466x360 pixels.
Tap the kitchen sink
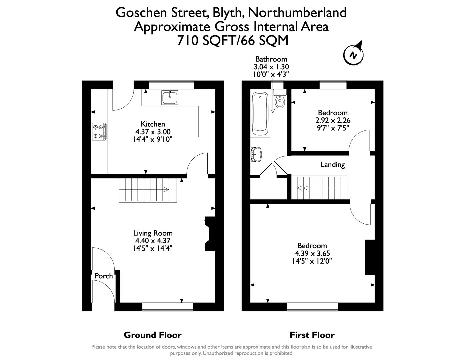click(x=170, y=97)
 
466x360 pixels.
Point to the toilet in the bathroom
click(x=280, y=99)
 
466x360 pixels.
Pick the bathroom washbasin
click(x=256, y=154)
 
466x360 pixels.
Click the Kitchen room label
click(x=153, y=124)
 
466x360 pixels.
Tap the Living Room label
click(x=153, y=233)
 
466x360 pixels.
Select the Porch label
click(x=104, y=276)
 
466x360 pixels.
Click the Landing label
click(x=332, y=164)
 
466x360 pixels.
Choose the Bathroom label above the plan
click(x=271, y=59)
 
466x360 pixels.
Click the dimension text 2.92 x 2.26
click(x=333, y=120)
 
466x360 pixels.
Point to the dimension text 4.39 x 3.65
click(x=312, y=253)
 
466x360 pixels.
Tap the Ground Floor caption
click(x=152, y=335)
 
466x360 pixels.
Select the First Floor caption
click(x=312, y=335)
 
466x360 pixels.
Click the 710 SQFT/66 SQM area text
click(x=232, y=40)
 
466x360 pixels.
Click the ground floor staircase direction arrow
click(x=166, y=190)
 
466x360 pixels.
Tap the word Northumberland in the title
click(x=297, y=13)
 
